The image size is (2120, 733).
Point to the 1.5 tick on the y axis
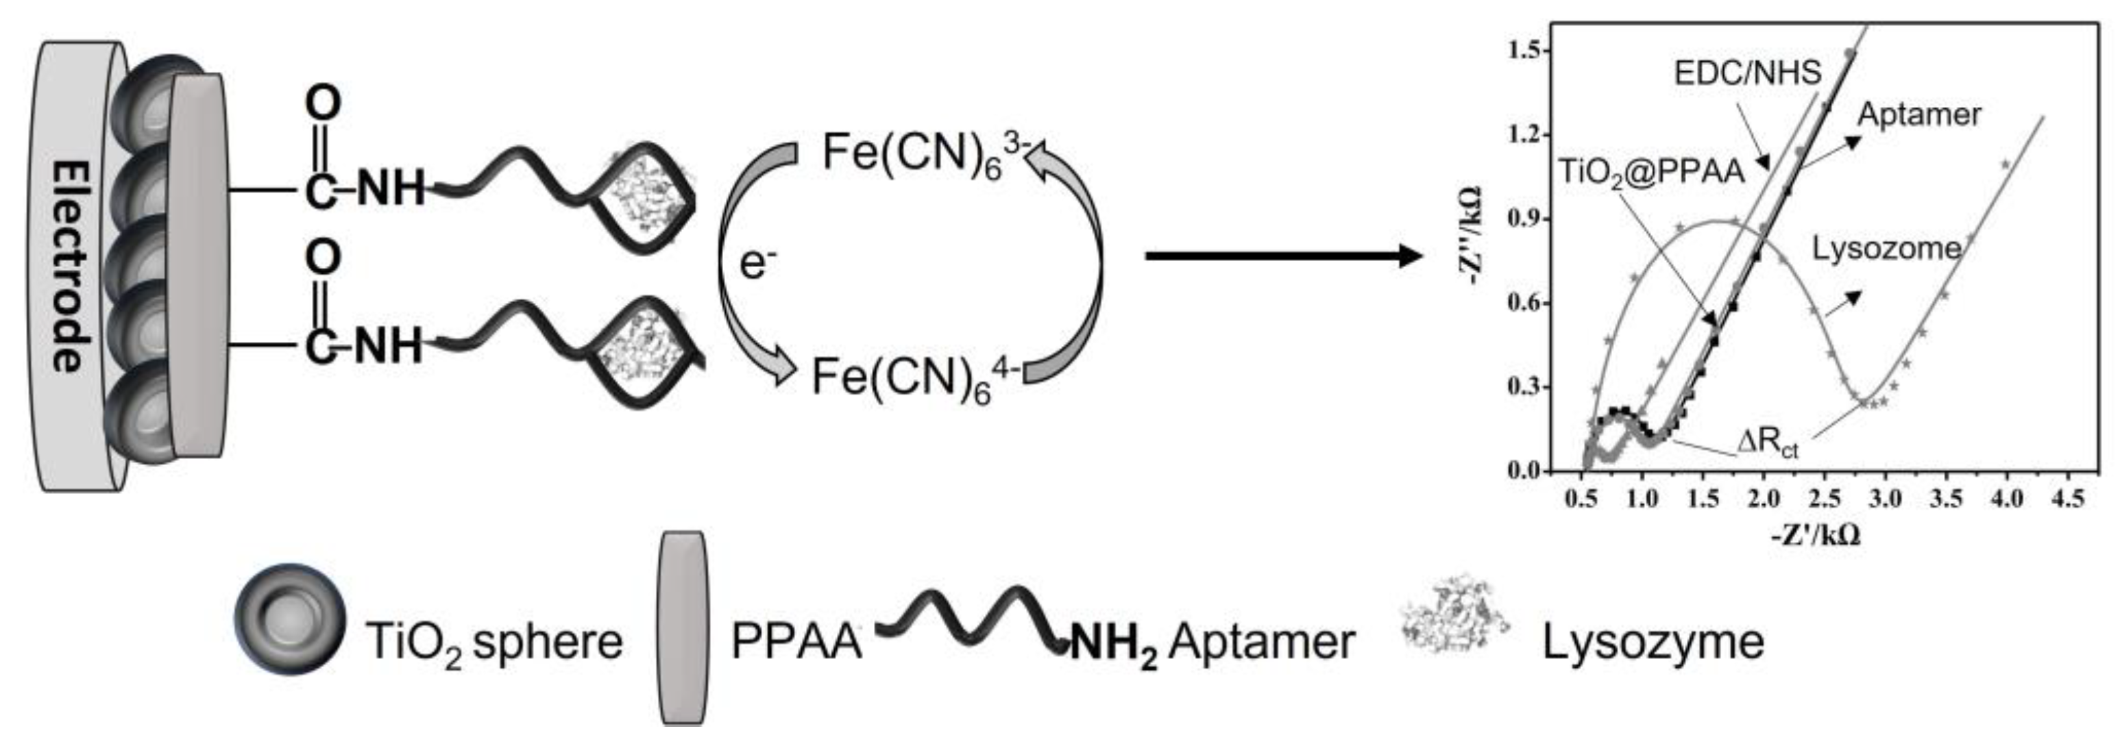1528,51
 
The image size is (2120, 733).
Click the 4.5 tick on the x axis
2067,499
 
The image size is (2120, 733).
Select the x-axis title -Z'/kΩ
1816,536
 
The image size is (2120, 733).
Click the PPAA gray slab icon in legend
683,628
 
